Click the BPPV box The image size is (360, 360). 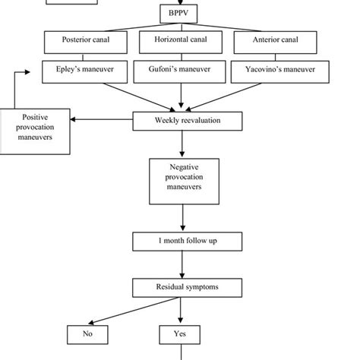[180, 14]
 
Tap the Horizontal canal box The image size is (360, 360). [180, 41]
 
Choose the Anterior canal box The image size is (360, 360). [270, 41]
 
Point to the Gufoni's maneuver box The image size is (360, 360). [180, 71]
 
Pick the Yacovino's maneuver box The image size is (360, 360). [270, 71]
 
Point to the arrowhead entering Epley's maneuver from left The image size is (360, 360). [39, 71]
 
